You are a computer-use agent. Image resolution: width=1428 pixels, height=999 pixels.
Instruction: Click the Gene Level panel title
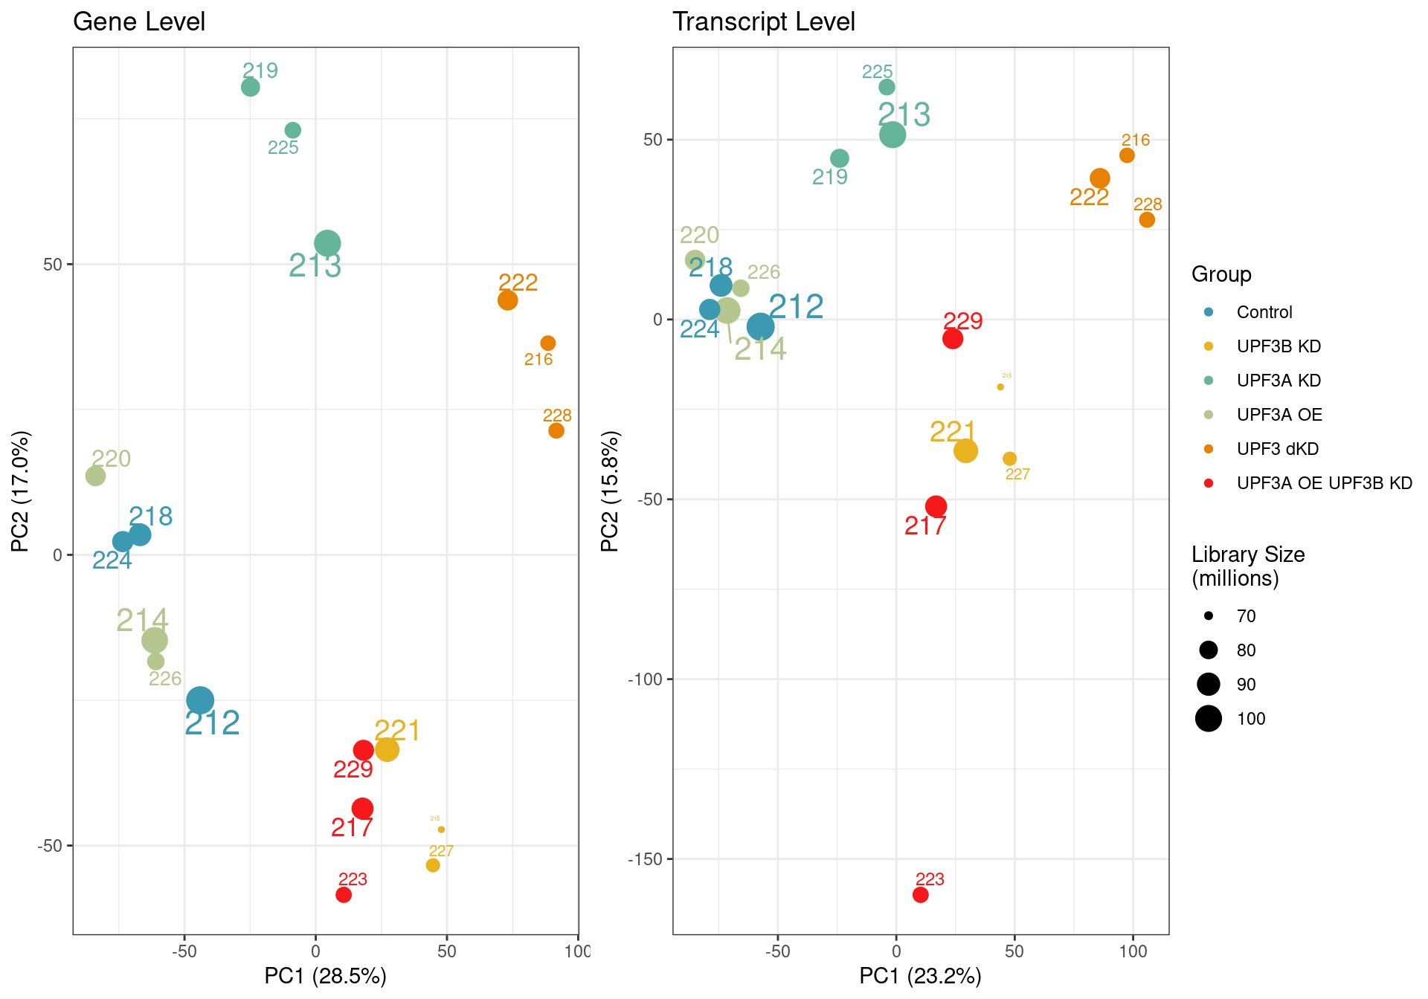tap(139, 22)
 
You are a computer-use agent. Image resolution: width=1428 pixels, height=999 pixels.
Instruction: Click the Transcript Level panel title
tap(763, 22)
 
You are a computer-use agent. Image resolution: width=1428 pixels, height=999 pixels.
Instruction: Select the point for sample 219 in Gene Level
tap(251, 87)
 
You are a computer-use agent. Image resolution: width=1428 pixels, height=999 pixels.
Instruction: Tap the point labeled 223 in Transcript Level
tap(921, 895)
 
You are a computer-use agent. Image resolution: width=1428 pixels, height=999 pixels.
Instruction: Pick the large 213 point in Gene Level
tap(327, 243)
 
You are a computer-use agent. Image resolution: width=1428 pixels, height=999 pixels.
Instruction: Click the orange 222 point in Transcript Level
tap(1100, 178)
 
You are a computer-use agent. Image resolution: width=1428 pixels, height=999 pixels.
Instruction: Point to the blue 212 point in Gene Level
tap(200, 699)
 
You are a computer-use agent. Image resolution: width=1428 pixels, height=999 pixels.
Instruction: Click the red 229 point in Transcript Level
tap(953, 339)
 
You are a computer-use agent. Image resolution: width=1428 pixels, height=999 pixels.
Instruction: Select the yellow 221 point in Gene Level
tap(387, 749)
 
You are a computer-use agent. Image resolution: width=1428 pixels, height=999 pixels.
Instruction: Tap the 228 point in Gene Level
tap(556, 430)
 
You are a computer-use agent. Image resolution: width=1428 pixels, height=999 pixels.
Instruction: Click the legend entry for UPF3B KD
tap(1278, 346)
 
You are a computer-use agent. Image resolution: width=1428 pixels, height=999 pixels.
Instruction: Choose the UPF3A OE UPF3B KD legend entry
tap(1324, 483)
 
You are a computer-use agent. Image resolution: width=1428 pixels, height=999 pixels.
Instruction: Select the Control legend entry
tap(1264, 312)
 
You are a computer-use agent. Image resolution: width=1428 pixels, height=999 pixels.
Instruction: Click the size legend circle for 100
tap(1209, 719)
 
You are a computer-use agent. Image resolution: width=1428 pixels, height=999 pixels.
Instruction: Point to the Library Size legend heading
tap(1247, 566)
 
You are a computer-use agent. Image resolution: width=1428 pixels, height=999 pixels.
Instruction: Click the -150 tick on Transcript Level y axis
tap(646, 859)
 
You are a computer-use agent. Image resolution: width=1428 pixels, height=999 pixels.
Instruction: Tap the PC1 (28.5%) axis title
tap(325, 976)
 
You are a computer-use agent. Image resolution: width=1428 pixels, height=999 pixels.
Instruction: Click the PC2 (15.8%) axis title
tap(609, 491)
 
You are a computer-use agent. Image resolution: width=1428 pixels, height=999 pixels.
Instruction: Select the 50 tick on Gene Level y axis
tap(53, 265)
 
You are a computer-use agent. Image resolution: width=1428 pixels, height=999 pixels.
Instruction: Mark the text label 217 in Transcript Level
tap(924, 526)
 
